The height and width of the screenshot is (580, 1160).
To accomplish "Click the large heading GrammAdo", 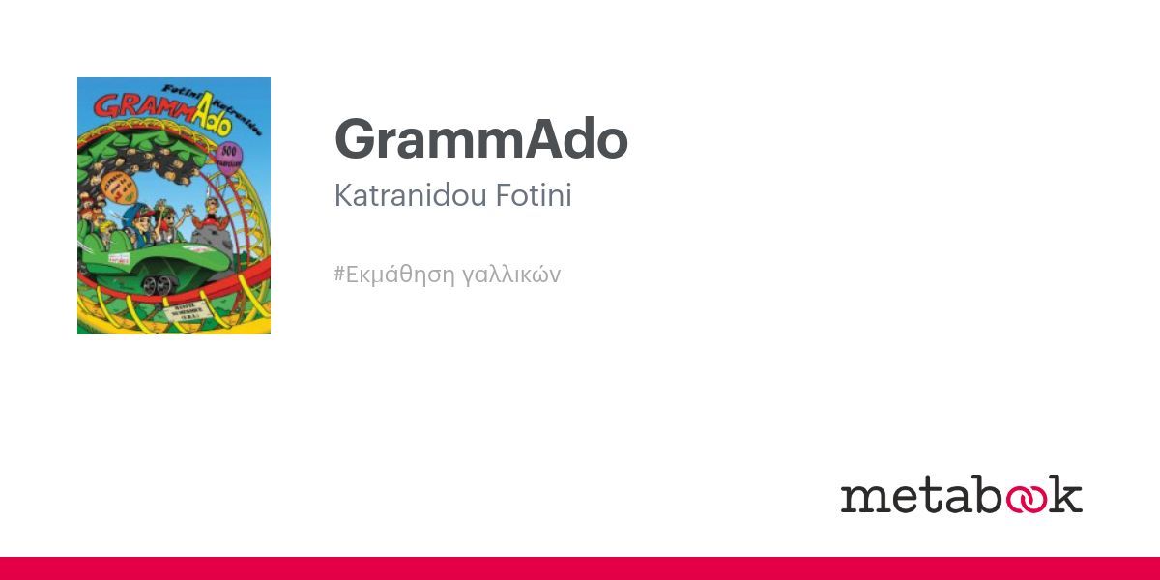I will (x=480, y=140).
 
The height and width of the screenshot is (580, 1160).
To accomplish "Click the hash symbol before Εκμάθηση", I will (x=339, y=275).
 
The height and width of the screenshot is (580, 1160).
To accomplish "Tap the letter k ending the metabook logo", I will (x=1067, y=494).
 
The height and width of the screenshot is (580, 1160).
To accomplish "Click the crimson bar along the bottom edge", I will (x=580, y=568).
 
